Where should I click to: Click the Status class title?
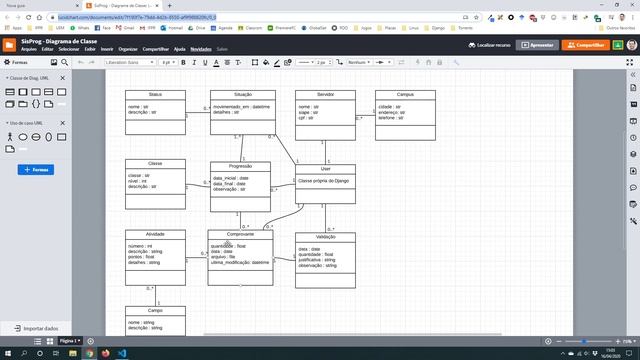(155, 94)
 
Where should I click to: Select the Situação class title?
(242, 94)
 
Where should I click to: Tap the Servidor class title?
(325, 94)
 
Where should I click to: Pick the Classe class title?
(155, 163)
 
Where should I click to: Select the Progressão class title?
(240, 166)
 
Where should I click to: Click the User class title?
(325, 169)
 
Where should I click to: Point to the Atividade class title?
(155, 234)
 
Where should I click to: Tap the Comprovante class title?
(240, 234)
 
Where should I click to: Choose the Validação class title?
(325, 237)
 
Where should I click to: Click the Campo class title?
(155, 311)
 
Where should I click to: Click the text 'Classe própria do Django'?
(324, 180)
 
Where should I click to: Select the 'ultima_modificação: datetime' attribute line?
(241, 261)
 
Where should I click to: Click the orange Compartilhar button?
(585, 45)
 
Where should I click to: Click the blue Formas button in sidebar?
(35, 170)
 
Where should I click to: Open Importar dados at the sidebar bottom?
(40, 328)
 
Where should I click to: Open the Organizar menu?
(127, 49)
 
